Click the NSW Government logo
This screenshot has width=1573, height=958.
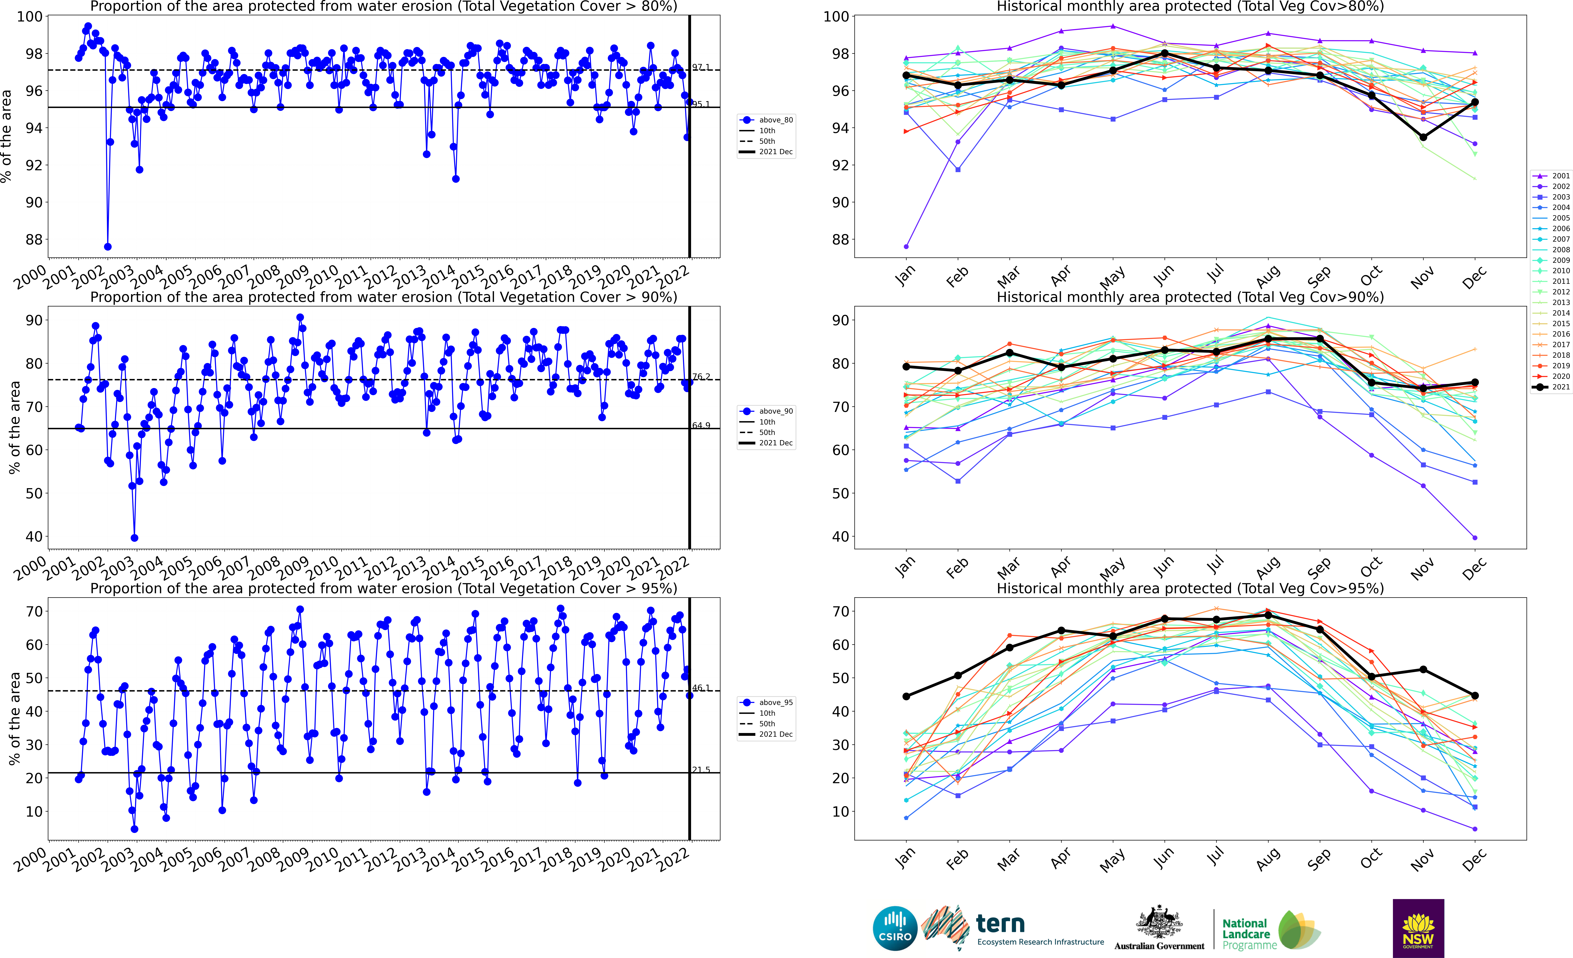point(1418,928)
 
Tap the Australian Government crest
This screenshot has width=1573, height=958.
point(1159,923)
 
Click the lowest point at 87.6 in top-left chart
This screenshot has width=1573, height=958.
point(108,247)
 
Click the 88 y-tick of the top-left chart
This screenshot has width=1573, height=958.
point(33,239)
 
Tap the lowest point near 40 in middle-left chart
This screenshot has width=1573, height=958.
point(134,538)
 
